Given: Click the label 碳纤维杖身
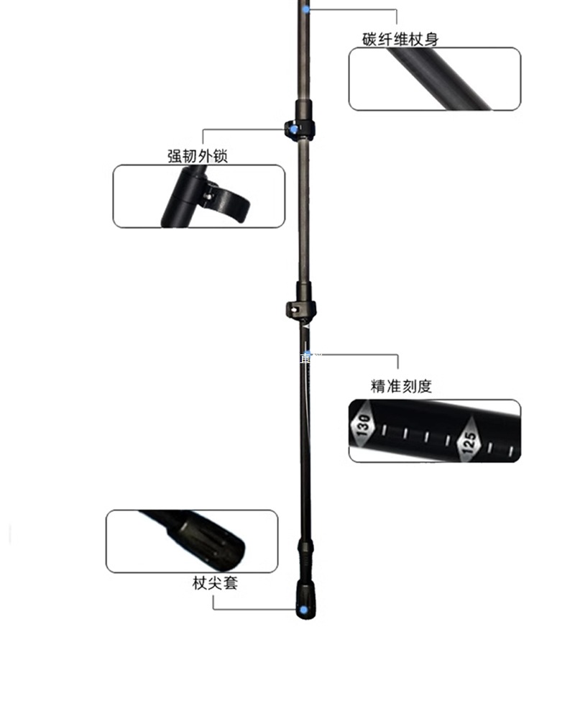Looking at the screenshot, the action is point(400,39).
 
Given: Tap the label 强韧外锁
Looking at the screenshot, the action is point(198,156).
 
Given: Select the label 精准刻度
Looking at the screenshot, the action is point(401,386).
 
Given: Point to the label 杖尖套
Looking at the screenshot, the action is point(214,583).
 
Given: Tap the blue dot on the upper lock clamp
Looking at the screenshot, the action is point(293,130).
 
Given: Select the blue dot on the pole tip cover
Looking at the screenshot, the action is point(303,610).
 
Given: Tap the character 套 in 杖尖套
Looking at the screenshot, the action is point(230,583).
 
